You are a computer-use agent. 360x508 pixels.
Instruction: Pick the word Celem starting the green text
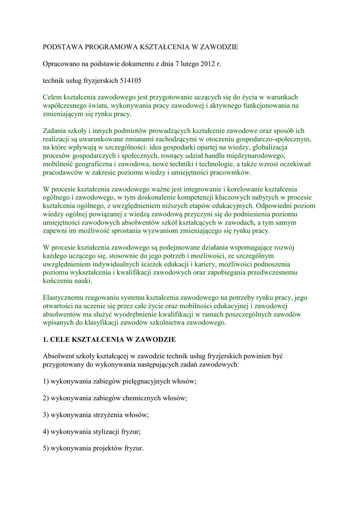(x=54, y=97)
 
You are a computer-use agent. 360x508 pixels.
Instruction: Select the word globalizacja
(x=273, y=147)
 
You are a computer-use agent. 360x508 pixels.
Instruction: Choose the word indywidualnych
(x=125, y=265)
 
